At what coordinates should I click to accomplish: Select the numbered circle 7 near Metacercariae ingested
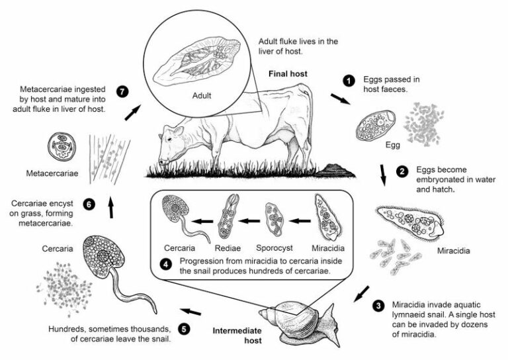pyautogui.click(x=121, y=89)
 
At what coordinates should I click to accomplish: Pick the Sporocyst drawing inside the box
pyautogui.click(x=273, y=219)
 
